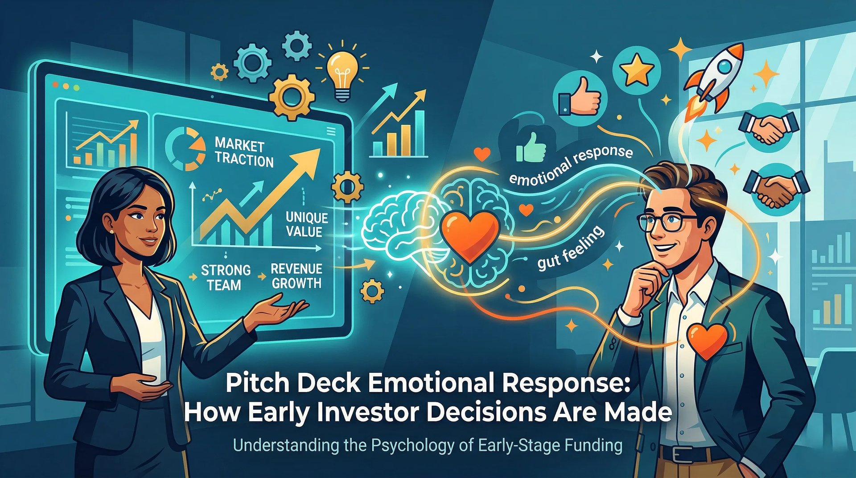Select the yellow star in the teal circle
click(x=636, y=70)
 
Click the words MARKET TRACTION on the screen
click(x=243, y=153)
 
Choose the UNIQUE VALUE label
click(x=307, y=224)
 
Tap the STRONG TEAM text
click(x=225, y=277)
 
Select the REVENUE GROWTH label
click(x=296, y=276)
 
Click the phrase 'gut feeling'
click(x=570, y=249)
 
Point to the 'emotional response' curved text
click(x=571, y=165)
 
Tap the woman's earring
click(x=111, y=231)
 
